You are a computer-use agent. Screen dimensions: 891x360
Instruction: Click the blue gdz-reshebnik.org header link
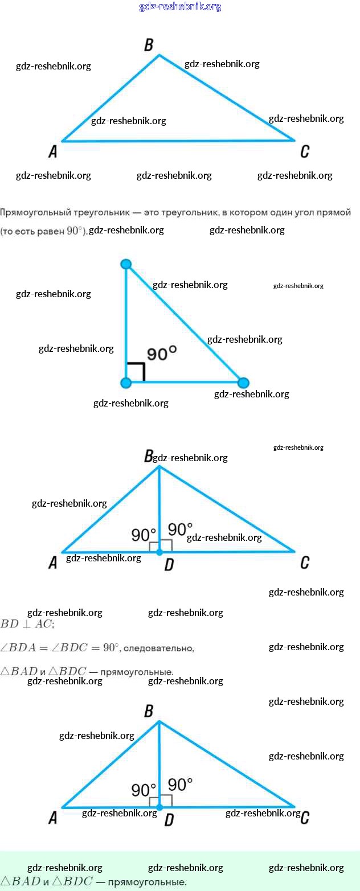[180, 7]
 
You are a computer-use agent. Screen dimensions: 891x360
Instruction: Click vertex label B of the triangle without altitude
[149, 45]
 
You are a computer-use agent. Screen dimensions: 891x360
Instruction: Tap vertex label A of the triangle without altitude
[53, 151]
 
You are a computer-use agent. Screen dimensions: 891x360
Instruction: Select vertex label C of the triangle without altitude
[305, 151]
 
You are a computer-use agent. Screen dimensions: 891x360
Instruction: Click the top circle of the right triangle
[126, 264]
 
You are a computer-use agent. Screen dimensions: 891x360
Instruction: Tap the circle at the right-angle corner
[126, 383]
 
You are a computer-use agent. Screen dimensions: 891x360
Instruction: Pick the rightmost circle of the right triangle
[243, 383]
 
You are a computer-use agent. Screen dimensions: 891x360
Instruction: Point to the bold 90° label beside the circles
[162, 354]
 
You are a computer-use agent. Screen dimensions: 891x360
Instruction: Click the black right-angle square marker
[136, 372]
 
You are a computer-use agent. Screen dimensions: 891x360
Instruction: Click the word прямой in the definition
[334, 212]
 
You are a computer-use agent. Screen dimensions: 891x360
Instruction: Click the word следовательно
[158, 648]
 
